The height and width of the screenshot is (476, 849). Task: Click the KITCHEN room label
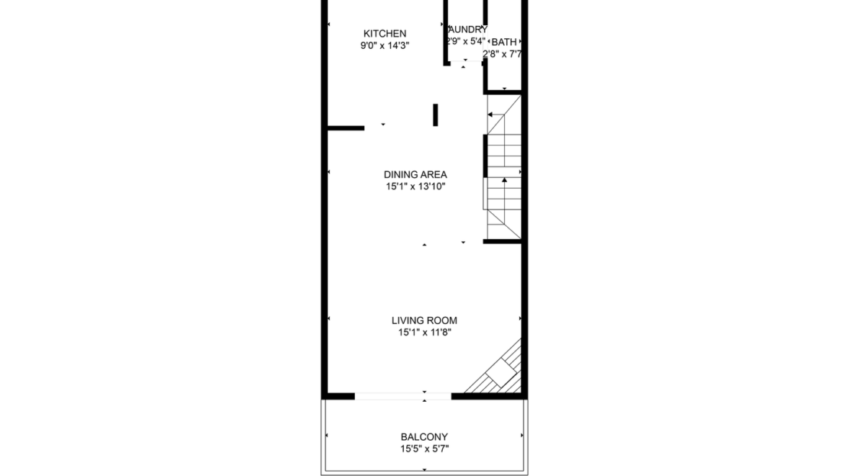384,34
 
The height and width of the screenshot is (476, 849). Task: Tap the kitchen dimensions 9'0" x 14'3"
384,46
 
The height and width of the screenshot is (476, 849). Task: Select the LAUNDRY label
467,30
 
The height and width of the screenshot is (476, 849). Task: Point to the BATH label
504,42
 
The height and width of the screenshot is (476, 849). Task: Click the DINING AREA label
415,175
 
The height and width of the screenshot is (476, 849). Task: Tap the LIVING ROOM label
424,321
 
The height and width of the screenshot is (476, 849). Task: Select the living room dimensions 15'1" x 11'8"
424,333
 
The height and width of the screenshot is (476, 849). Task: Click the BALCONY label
424,437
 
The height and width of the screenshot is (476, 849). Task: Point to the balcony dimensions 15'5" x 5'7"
424,449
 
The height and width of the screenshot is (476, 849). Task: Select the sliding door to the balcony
402,396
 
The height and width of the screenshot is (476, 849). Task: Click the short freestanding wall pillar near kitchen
435,115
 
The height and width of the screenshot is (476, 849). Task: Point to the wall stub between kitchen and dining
346,128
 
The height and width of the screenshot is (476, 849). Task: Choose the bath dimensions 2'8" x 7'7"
503,53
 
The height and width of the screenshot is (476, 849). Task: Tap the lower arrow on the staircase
504,180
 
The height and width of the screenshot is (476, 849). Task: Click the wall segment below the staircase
502,241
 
